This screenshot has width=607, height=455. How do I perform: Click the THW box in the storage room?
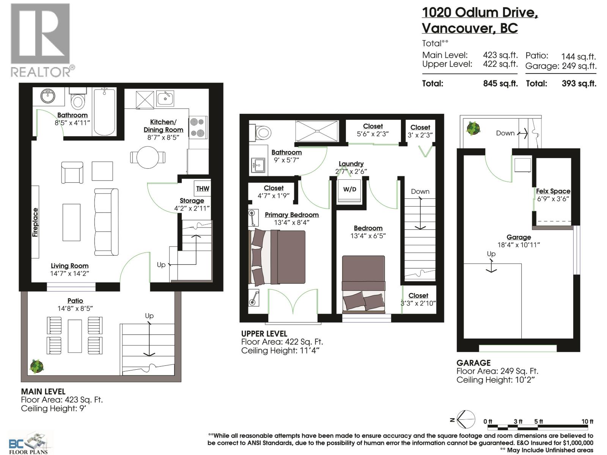(203, 188)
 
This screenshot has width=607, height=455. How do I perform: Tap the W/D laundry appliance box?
(349, 190)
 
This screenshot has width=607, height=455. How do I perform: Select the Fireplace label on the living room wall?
(35, 222)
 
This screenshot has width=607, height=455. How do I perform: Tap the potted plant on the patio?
(37, 366)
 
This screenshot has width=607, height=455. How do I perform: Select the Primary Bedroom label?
(291, 215)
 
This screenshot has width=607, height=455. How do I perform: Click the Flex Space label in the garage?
(553, 191)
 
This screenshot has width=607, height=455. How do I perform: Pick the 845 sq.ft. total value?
(500, 83)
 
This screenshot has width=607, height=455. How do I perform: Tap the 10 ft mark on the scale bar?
(587, 421)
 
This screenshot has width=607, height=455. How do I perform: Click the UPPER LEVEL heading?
(264, 334)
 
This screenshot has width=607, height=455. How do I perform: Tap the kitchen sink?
(165, 98)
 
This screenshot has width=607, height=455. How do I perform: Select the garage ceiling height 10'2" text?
(495, 380)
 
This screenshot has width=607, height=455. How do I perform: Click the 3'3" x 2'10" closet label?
(418, 303)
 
